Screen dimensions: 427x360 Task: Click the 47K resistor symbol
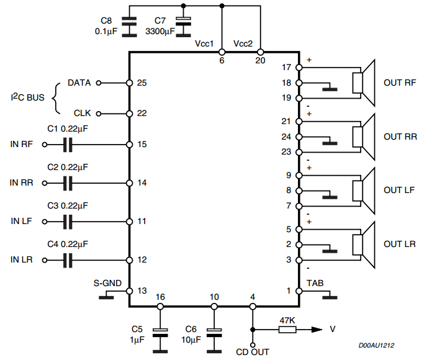(x=287, y=330)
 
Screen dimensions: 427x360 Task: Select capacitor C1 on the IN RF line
(x=68, y=145)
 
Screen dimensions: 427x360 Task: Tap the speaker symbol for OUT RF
(x=364, y=83)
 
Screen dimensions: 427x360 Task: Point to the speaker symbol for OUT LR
(x=364, y=245)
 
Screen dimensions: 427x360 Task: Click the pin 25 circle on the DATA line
(x=129, y=83)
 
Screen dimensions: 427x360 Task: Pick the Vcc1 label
(x=204, y=43)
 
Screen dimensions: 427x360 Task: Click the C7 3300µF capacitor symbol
(x=183, y=27)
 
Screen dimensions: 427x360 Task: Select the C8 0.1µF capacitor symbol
(x=129, y=27)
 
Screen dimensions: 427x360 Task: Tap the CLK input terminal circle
(x=99, y=114)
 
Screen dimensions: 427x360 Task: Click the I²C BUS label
(x=27, y=97)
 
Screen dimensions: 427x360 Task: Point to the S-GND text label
(x=107, y=283)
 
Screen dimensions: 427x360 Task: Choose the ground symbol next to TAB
(x=330, y=295)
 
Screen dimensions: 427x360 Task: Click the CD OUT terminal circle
(x=253, y=345)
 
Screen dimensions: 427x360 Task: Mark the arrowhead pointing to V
(x=317, y=330)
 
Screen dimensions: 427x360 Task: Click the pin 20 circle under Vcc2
(x=260, y=52)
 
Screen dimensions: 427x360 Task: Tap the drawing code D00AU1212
(x=376, y=345)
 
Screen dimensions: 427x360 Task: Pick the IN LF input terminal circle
(x=45, y=222)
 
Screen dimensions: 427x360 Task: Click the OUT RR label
(x=400, y=137)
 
